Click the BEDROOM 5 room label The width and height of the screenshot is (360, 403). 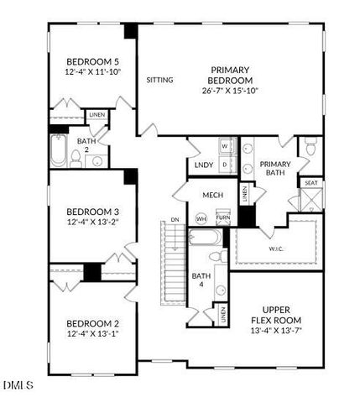(x=93, y=60)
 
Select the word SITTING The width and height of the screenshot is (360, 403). (x=159, y=81)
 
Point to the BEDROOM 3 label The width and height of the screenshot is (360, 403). (x=93, y=211)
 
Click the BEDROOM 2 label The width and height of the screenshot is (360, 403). (x=93, y=323)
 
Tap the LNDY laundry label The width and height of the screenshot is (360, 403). (x=204, y=165)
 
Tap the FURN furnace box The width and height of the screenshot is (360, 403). (x=222, y=217)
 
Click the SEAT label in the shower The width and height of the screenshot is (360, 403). (x=310, y=183)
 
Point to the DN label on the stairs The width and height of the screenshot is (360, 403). (x=175, y=220)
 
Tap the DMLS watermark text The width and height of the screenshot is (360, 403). (x=18, y=386)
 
